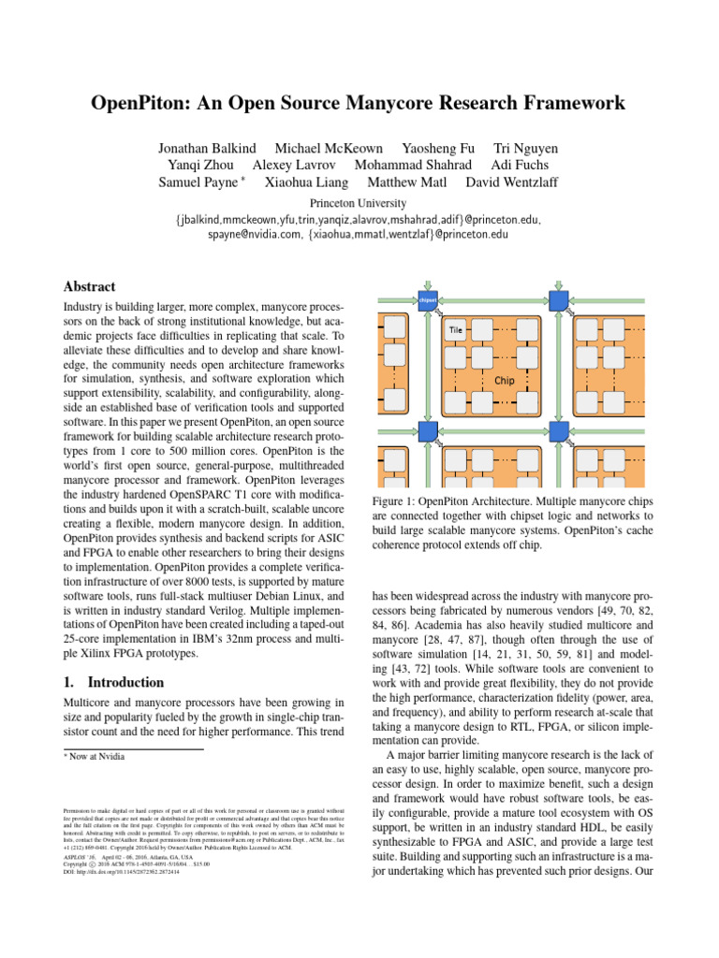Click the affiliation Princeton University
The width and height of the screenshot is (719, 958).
tap(359, 203)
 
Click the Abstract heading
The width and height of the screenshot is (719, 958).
tap(89, 287)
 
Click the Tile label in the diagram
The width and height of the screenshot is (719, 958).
tap(457, 329)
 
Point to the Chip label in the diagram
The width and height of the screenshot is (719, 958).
tap(504, 382)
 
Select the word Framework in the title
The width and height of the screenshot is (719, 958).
tap(548, 102)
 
